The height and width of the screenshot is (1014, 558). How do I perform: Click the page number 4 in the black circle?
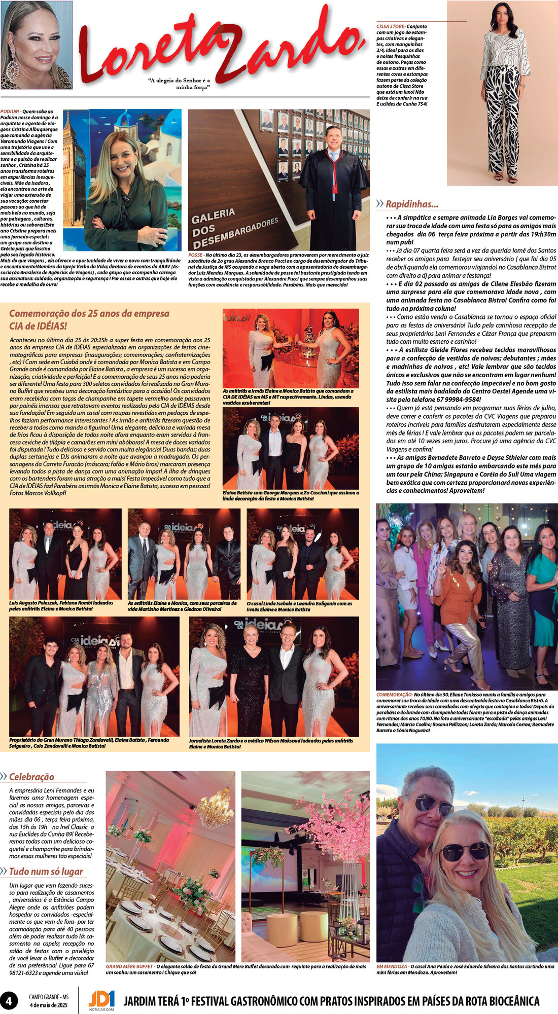(9, 1001)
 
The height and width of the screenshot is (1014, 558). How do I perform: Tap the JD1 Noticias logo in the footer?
(101, 1000)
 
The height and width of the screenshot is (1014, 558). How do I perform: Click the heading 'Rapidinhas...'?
(411, 204)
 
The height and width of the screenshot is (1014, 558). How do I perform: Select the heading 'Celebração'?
(31, 777)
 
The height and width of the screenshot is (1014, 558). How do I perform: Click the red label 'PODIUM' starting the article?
(10, 112)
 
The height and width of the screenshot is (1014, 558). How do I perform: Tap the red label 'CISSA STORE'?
(390, 26)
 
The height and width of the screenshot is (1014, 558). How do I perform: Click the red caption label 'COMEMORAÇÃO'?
(394, 695)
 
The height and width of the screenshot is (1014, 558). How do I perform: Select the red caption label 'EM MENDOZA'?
(392, 966)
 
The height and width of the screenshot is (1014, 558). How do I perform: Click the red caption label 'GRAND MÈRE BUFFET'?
(129, 966)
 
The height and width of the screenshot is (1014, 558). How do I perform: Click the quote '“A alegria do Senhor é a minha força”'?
(179, 84)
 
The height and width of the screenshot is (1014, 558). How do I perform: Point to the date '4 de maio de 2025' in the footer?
(49, 1005)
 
